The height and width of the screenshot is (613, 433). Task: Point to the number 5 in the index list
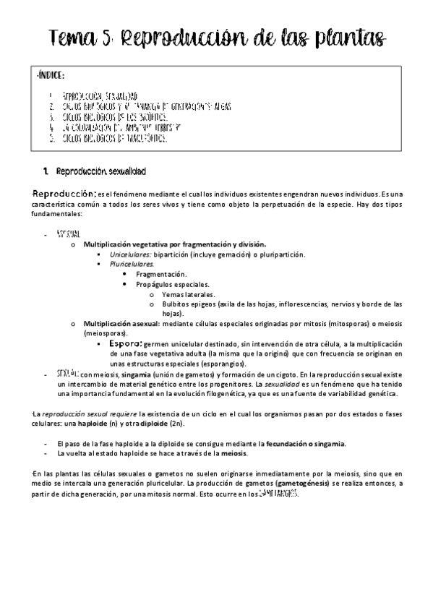tap(51, 138)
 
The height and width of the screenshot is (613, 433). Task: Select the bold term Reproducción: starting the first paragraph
tap(65, 194)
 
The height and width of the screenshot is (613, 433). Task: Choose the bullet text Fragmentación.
tap(160, 275)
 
